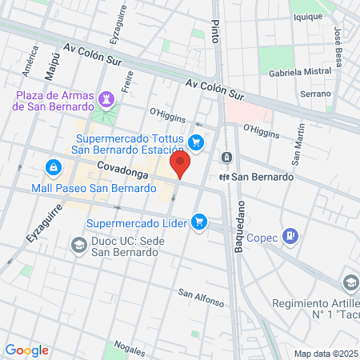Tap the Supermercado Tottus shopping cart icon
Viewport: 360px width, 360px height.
tap(197, 143)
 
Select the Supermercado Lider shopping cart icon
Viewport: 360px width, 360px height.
tap(200, 222)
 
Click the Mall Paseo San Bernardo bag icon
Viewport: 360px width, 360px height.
tap(53, 168)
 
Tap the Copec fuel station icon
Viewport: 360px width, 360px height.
tap(290, 236)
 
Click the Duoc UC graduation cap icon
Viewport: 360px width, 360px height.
tap(78, 244)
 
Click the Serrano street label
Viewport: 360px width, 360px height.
tap(315, 94)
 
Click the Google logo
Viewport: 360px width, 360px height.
tap(26, 350)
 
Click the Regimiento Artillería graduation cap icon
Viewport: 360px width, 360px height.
tap(350, 282)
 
